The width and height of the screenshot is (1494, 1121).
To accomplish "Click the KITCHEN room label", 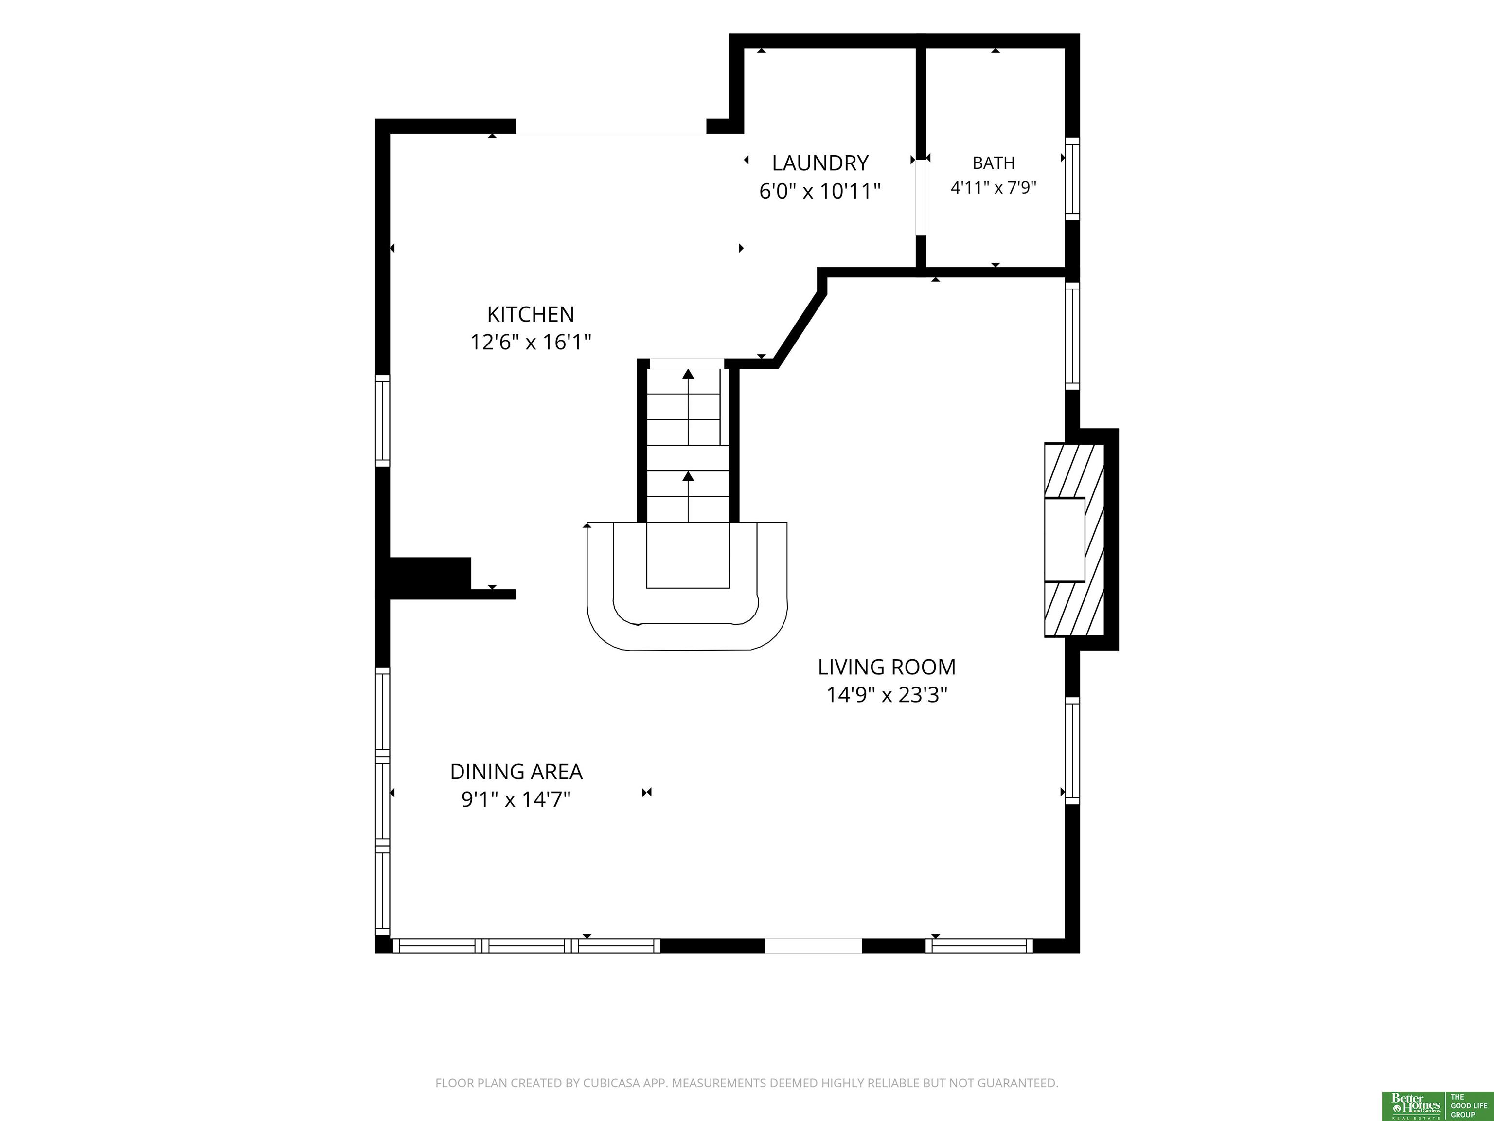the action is [x=531, y=314].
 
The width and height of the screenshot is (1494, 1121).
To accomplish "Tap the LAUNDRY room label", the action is [x=820, y=163].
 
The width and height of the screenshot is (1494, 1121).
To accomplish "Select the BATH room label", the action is [x=994, y=163].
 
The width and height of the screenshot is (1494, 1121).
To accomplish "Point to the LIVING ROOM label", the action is [x=887, y=667].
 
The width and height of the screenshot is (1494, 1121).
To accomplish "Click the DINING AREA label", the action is [x=516, y=772].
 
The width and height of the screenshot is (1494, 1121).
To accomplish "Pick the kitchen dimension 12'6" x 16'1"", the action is [x=531, y=342].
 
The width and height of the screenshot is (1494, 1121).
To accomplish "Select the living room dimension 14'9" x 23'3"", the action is [x=887, y=695].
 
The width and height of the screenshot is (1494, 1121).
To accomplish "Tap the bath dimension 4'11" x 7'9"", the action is [x=994, y=187].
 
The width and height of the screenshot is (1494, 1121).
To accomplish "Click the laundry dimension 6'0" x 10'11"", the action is [x=820, y=191].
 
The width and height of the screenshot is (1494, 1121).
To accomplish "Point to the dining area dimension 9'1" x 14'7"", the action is [x=516, y=799].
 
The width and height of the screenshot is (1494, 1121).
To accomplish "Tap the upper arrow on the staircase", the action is [x=688, y=405].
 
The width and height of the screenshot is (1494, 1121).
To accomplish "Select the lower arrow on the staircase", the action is [x=688, y=497].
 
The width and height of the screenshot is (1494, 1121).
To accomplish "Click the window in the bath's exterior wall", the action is [x=1072, y=179].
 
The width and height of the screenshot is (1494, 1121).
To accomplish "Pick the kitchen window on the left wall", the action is [x=382, y=420].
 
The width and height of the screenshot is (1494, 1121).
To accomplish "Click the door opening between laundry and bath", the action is [x=921, y=198].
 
